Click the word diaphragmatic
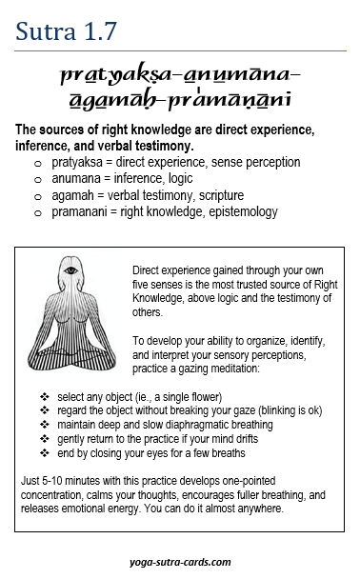tap(191, 425)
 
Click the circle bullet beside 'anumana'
tap(37, 180)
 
